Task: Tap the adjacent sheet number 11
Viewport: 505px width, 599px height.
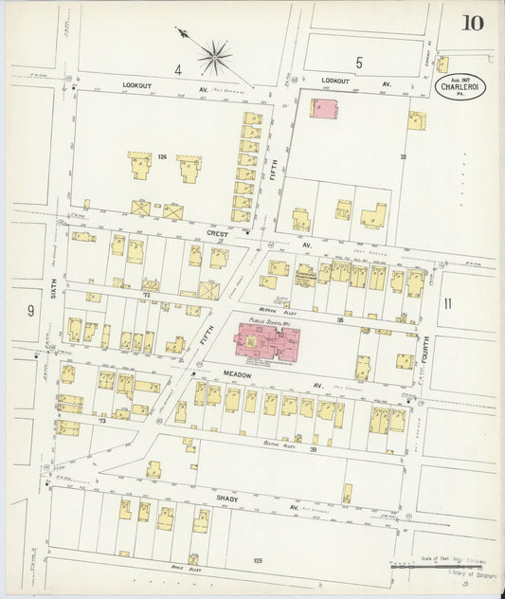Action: [x=448, y=303]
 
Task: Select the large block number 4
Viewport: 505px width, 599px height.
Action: [x=177, y=68]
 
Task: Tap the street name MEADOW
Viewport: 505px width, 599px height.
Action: [x=209, y=374]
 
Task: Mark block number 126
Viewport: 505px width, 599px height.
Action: [x=162, y=156]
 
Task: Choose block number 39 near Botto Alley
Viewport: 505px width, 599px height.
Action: [x=314, y=449]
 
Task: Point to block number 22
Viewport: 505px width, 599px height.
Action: [x=403, y=155]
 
